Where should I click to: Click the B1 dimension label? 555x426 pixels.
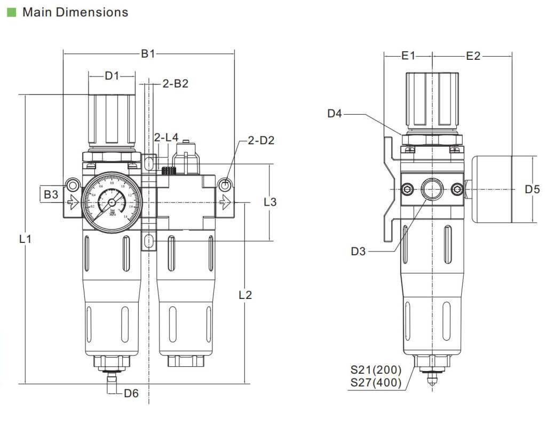[x=148, y=53]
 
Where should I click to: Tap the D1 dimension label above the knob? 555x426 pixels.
[x=112, y=76]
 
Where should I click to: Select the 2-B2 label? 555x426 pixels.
[x=176, y=84]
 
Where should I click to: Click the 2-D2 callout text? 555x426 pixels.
[x=261, y=141]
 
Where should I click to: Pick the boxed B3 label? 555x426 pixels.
[x=51, y=195]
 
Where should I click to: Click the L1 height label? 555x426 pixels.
[x=25, y=240]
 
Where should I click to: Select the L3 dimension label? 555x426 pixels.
[x=271, y=202]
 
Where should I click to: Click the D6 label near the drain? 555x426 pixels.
[x=131, y=394]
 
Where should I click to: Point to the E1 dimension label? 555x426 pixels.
[x=408, y=56]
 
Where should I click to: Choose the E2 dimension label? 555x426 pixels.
[x=473, y=56]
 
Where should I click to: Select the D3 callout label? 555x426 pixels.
[x=359, y=251]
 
